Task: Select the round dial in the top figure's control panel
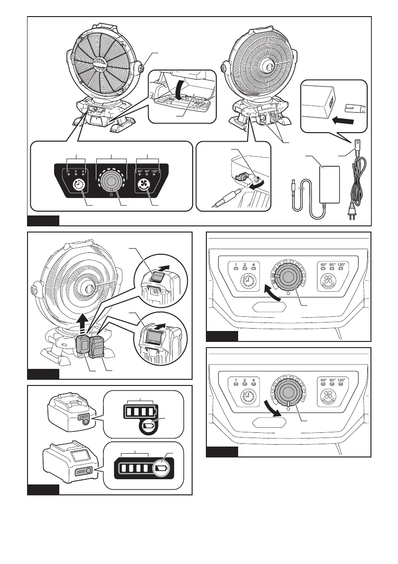(112, 182)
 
